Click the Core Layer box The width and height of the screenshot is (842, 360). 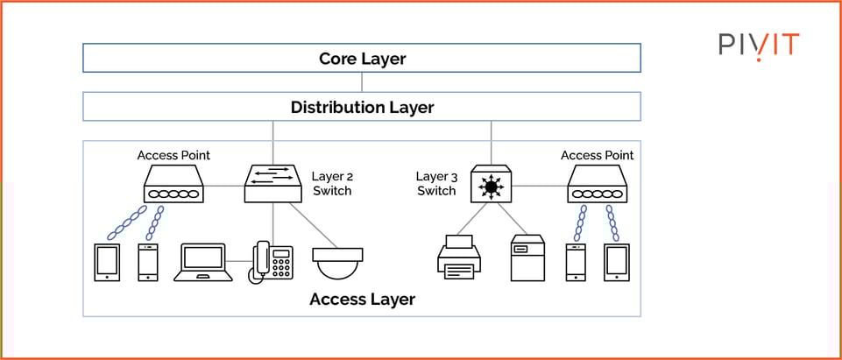point(362,59)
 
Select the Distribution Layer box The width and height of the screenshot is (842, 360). point(362,107)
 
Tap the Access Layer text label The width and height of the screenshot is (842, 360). point(362,300)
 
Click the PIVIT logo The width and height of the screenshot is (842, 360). point(759,45)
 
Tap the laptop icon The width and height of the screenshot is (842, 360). point(203,262)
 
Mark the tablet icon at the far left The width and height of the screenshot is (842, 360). point(107,262)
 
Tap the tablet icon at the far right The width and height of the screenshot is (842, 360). point(617,262)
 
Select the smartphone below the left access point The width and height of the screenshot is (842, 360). point(149,262)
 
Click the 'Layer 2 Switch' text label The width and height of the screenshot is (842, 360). point(331,183)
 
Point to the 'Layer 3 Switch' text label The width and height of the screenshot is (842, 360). point(436,183)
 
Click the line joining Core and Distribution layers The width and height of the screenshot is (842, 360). point(362,82)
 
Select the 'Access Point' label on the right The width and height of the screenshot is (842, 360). point(597,155)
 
